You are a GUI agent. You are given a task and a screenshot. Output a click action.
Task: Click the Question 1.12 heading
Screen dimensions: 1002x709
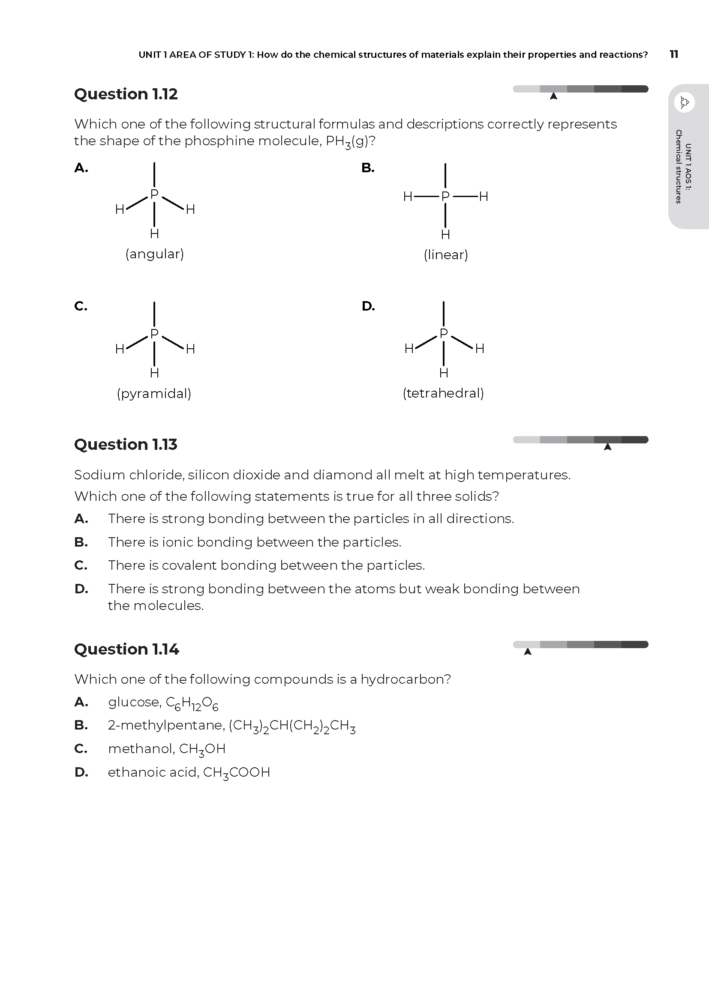tap(126, 94)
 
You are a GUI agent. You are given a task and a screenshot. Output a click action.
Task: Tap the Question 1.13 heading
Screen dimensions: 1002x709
tap(126, 444)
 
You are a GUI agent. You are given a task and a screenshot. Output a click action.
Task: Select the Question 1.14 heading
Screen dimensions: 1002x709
tap(126, 649)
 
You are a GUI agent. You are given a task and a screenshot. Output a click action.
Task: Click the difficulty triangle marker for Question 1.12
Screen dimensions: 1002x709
tap(553, 96)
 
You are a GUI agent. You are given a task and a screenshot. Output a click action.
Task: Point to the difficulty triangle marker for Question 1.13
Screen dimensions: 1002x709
tap(607, 446)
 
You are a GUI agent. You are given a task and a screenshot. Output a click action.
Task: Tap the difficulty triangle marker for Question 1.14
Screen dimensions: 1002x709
tap(528, 652)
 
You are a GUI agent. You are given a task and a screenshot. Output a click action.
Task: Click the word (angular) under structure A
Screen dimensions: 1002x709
tap(155, 254)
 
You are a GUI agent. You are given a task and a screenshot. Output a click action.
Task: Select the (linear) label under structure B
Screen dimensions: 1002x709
tap(446, 254)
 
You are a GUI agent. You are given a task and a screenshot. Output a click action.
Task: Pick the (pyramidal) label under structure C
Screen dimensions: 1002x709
tap(154, 393)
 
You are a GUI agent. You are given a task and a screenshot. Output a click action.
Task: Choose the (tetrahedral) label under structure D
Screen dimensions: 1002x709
tap(444, 393)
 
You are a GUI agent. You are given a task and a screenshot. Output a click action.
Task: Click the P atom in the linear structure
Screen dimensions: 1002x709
tap(445, 196)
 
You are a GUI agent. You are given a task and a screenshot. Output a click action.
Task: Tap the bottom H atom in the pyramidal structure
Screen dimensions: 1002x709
tap(154, 373)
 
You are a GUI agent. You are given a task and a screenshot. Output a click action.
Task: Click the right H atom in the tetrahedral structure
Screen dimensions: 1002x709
tap(480, 348)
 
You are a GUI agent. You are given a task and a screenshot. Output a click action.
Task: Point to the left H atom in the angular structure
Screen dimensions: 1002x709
tap(120, 209)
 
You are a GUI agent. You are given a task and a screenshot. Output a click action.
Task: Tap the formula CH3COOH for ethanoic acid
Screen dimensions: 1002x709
tap(236, 772)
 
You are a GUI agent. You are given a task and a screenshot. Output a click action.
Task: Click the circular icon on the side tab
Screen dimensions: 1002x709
tap(684, 102)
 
